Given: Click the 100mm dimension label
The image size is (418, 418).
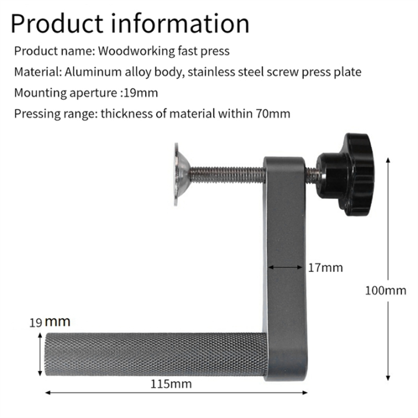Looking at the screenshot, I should tap(385, 290).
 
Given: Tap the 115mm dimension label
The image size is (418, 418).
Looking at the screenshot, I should tap(171, 384).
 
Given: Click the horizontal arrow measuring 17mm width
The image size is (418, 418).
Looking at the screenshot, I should tap(285, 267).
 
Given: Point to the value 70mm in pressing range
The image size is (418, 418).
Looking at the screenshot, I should tap(272, 113).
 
